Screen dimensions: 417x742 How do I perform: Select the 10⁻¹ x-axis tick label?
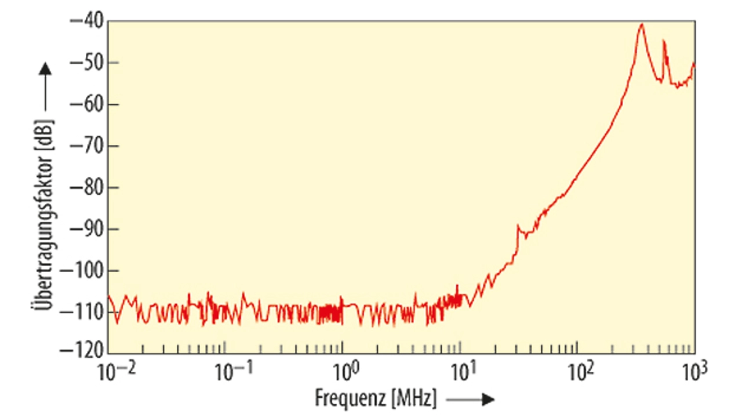click(x=229, y=371)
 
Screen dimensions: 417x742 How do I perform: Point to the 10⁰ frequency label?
click(x=345, y=371)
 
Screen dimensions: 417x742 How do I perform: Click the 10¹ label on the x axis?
click(x=462, y=371)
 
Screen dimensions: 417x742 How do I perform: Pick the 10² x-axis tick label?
click(x=580, y=371)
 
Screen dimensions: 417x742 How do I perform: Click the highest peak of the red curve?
click(x=642, y=24)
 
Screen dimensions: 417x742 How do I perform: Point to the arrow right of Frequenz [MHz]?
click(x=471, y=399)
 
